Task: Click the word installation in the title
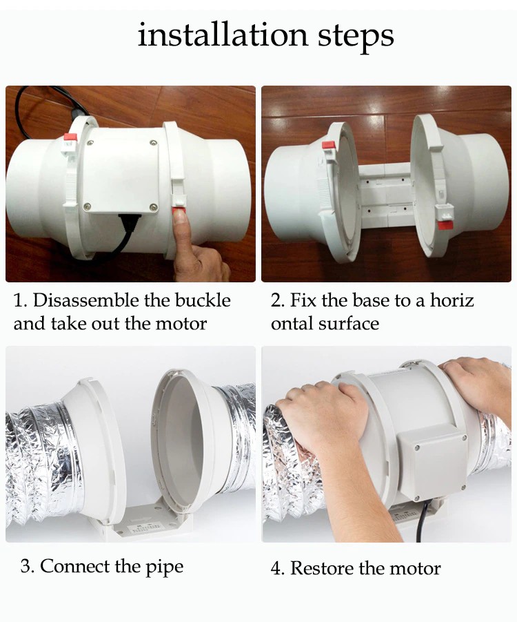click(223, 35)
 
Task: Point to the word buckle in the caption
click(203, 300)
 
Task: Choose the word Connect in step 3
click(75, 565)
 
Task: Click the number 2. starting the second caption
click(278, 300)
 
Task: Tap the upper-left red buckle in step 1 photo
click(70, 137)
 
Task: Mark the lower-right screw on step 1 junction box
click(153, 206)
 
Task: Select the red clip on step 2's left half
click(328, 145)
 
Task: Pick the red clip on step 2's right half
click(445, 226)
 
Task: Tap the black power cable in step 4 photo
click(421, 521)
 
